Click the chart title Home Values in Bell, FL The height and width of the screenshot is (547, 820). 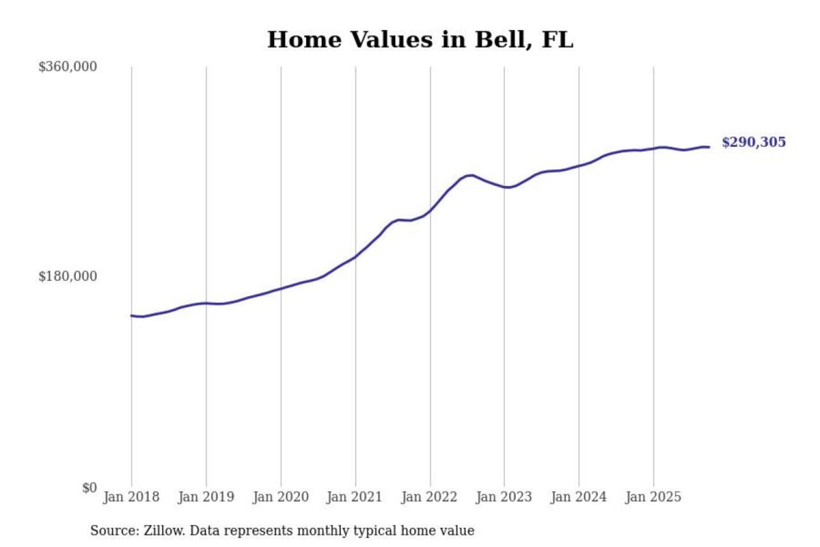click(x=420, y=39)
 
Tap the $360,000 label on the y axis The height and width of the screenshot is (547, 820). click(x=67, y=67)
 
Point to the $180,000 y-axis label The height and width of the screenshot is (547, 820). click(x=67, y=276)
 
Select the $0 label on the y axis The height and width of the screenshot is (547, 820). click(x=89, y=488)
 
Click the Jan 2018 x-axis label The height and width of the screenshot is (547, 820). click(x=131, y=497)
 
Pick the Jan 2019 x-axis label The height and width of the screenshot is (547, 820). click(x=206, y=497)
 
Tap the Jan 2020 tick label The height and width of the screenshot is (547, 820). click(x=280, y=497)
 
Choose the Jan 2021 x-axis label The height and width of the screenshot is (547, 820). click(x=354, y=497)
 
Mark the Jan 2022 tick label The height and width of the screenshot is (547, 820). click(x=429, y=497)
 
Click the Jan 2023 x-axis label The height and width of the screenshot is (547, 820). click(x=503, y=497)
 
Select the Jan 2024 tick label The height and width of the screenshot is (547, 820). click(x=578, y=497)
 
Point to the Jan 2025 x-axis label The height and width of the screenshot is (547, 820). click(x=653, y=497)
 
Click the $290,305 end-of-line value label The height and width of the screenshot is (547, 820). click(x=753, y=142)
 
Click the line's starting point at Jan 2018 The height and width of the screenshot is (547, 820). click(x=132, y=316)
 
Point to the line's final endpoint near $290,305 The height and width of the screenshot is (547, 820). click(x=709, y=148)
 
